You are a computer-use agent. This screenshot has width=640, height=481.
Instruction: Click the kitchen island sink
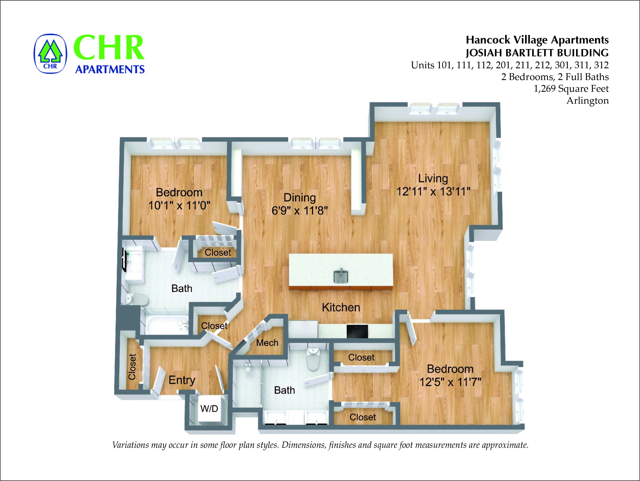pos(341,276)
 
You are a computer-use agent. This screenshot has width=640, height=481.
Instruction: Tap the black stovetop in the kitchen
pos(357,331)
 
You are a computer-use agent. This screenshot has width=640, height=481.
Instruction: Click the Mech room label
pos(267,343)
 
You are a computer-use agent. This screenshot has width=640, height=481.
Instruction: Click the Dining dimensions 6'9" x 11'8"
pos(299,211)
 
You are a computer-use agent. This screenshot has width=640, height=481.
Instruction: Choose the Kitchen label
pos(341,308)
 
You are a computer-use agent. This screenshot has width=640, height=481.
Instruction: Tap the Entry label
pos(182,380)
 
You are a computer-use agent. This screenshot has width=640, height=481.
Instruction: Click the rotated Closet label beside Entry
pos(132,367)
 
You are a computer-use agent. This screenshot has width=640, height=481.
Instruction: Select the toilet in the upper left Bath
pos(138,300)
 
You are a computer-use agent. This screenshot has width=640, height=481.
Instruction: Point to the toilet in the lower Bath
pos(313,359)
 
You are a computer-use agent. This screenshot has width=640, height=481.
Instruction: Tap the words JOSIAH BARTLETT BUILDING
pos(537,53)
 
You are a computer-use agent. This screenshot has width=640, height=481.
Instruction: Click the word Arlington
pos(587,101)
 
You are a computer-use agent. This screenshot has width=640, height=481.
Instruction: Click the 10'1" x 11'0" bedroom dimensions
pos(179,206)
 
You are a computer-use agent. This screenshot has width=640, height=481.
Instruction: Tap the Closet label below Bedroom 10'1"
pos(218,252)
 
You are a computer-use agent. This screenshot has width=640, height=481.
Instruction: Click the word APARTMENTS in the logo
pos(110,69)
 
